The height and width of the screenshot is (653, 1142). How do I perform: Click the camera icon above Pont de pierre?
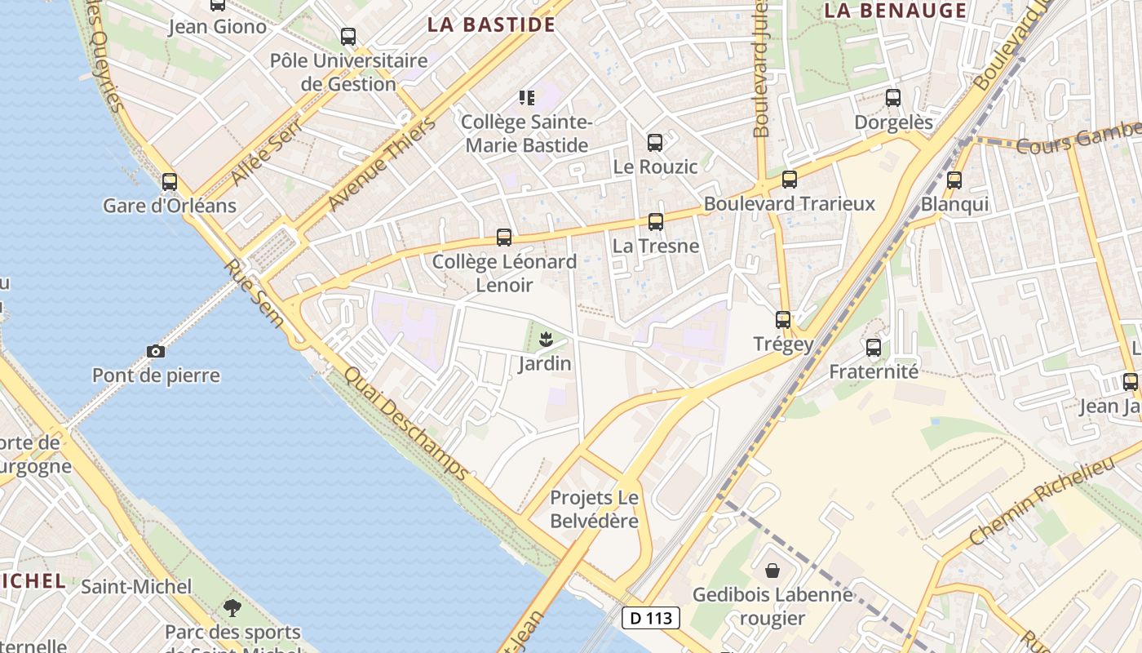(156, 351)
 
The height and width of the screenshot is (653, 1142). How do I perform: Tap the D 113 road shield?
(651, 618)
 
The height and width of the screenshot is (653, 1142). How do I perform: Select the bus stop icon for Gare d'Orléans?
(170, 181)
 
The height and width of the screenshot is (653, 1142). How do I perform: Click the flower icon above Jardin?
(546, 339)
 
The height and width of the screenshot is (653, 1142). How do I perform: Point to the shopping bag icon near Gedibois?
(772, 571)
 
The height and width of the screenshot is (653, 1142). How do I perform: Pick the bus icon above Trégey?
(783, 319)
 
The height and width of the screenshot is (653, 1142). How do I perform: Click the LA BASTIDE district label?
(491, 24)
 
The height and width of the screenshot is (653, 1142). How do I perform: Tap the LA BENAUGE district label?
(895, 11)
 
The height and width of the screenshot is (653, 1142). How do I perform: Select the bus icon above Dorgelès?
(893, 98)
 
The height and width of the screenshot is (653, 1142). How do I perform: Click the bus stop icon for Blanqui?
(954, 180)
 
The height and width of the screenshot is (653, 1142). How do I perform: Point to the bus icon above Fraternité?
(874, 348)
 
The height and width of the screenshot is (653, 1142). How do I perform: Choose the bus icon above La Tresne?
(656, 221)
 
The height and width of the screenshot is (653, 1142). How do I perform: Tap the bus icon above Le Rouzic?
(655, 143)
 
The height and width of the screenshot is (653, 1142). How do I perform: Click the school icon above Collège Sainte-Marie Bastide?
(527, 98)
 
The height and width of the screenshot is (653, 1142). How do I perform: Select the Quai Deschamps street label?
(406, 424)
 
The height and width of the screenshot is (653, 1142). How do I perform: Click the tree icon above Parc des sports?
(232, 607)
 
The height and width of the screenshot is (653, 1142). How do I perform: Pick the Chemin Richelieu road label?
(1042, 501)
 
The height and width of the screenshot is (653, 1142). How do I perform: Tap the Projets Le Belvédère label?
(594, 509)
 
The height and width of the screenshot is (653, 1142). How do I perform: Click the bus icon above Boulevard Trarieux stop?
(789, 179)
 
